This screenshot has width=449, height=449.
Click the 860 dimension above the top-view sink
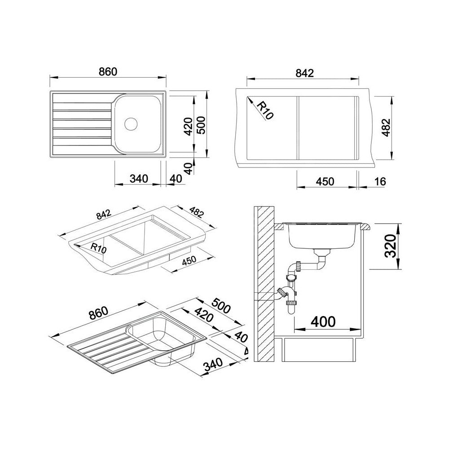pyautogui.click(x=108, y=71)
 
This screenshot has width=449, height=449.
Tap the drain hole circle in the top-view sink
pyautogui.click(x=131, y=123)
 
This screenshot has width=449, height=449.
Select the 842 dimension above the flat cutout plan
pyautogui.click(x=304, y=73)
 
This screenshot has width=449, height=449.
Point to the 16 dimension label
pyautogui.click(x=380, y=181)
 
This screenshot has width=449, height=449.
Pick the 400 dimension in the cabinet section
pyautogui.click(x=323, y=321)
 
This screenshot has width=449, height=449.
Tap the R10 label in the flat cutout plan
pyautogui.click(x=264, y=111)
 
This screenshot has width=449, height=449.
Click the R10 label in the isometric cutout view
pyautogui.click(x=98, y=248)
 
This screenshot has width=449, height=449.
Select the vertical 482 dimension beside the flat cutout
pyautogui.click(x=386, y=128)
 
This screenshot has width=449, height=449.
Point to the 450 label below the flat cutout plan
pyautogui.click(x=325, y=181)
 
